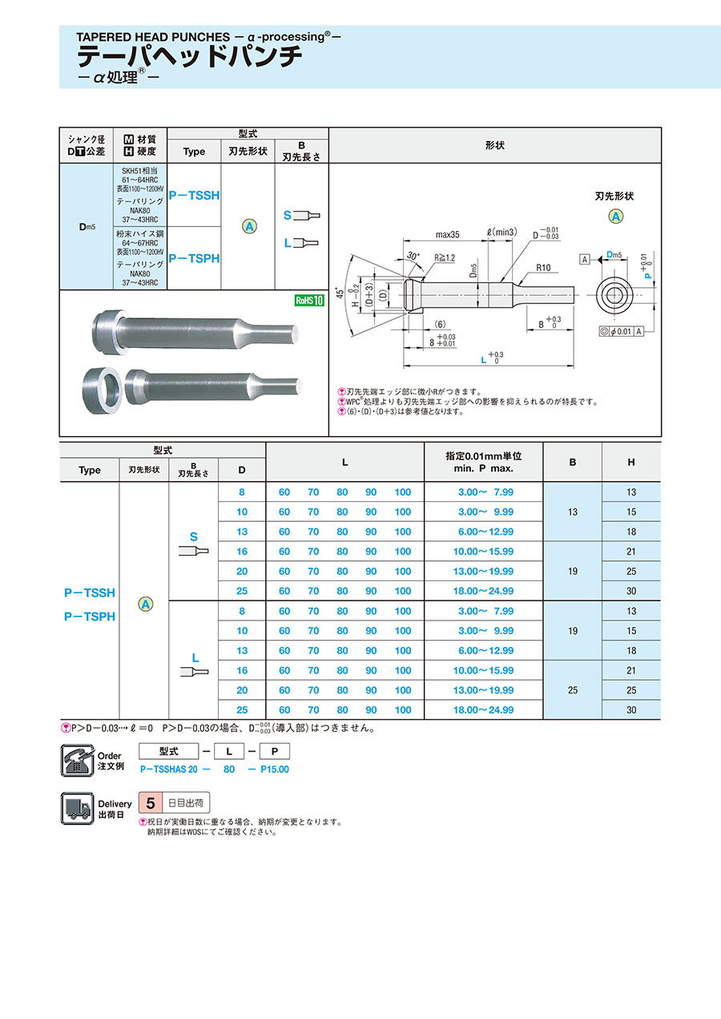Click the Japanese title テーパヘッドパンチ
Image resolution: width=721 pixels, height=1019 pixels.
click(189, 57)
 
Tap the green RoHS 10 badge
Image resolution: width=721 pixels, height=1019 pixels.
click(308, 301)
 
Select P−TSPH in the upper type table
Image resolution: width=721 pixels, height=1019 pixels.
click(194, 258)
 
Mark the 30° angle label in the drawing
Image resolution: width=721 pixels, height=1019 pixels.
click(413, 256)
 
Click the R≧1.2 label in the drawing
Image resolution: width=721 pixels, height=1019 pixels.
click(445, 258)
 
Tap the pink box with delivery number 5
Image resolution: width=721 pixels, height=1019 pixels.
click(150, 803)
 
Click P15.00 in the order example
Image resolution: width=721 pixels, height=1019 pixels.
click(275, 769)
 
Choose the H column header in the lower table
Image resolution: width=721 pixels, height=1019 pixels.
click(631, 462)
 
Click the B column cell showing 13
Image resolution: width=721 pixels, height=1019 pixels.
click(572, 512)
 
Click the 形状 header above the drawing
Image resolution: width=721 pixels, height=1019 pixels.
click(494, 145)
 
